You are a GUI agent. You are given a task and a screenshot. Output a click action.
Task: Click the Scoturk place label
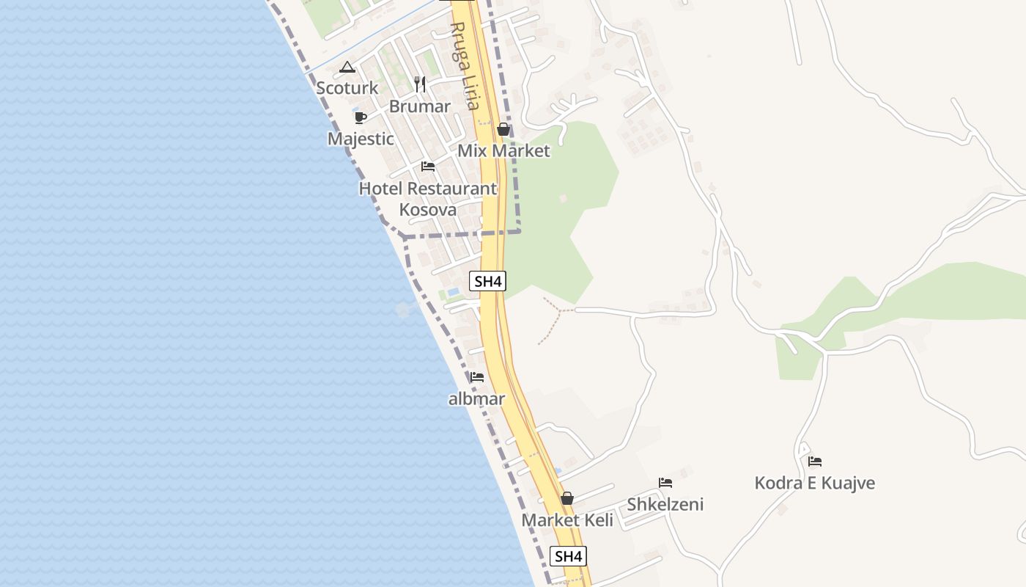[x=347, y=88]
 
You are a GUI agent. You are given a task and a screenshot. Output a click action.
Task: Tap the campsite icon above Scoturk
[x=347, y=68]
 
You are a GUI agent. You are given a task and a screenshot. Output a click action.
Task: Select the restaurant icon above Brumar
[x=420, y=84]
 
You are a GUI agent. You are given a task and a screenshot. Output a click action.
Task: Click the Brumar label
[x=419, y=106]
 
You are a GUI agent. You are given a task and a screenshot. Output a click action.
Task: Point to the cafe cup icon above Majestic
[x=360, y=117]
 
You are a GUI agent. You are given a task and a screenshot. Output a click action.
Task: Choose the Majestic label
[x=361, y=139]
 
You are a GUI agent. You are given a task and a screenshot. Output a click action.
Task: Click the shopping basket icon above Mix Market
[x=503, y=130]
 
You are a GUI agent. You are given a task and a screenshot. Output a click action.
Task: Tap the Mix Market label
[x=503, y=151]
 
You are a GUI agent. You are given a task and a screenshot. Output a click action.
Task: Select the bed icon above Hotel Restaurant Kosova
[x=428, y=167]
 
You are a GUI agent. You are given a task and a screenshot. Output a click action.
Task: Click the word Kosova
[x=427, y=210]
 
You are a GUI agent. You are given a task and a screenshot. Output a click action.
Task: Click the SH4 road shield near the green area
[x=489, y=281]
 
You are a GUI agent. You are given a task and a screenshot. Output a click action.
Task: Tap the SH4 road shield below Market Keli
[x=569, y=556]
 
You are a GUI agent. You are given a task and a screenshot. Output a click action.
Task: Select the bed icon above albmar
[x=477, y=377]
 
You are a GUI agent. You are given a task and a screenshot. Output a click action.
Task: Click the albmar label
[x=477, y=399]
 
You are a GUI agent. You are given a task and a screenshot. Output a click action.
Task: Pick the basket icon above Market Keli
[x=566, y=499]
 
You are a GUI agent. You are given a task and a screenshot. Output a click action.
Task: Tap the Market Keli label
[x=567, y=520]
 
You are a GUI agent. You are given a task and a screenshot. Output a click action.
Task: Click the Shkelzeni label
[x=665, y=504]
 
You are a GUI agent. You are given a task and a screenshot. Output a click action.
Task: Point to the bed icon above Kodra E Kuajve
[x=815, y=462]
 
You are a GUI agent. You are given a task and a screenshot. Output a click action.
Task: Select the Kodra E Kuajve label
[x=815, y=484]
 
